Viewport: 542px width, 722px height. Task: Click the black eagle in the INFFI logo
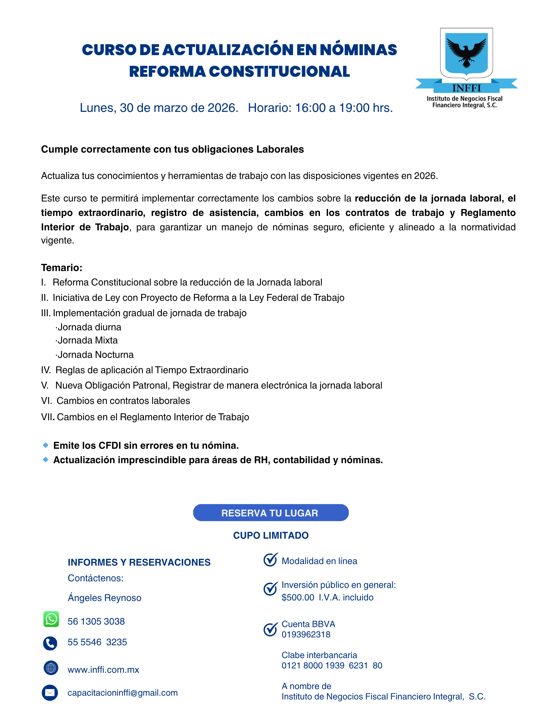(x=466, y=52)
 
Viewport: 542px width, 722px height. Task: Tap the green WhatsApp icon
(x=51, y=619)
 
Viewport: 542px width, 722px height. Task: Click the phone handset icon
(x=50, y=643)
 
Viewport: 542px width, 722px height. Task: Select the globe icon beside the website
(x=50, y=667)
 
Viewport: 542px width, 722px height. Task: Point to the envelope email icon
(x=50, y=693)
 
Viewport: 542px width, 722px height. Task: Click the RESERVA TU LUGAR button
(x=270, y=512)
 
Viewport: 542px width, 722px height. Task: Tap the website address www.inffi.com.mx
(x=103, y=670)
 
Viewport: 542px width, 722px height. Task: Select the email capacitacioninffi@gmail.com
(x=123, y=693)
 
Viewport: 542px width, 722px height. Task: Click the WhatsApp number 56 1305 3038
(x=96, y=621)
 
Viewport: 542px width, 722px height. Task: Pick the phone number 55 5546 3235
(x=97, y=642)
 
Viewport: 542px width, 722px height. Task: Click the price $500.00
(x=298, y=597)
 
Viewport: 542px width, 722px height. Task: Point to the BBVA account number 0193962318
(x=306, y=635)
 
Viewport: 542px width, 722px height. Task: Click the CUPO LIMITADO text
(x=270, y=535)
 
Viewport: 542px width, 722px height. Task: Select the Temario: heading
(x=61, y=268)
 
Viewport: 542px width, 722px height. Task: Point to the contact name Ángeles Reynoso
(x=104, y=598)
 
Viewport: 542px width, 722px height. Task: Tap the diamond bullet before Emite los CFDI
(x=46, y=445)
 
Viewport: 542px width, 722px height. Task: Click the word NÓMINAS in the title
(x=358, y=50)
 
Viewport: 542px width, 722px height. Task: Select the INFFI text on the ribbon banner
(x=466, y=88)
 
